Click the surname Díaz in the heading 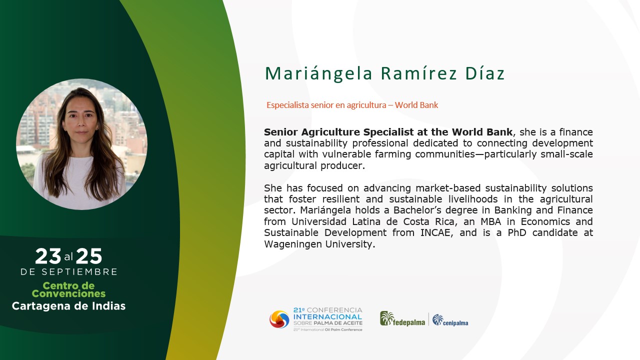[485, 73]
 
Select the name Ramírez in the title [419, 73]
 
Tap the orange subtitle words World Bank [416, 105]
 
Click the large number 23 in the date [48, 256]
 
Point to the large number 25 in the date [89, 256]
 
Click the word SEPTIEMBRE [79, 271]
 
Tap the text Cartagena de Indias [68, 306]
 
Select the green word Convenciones [68, 293]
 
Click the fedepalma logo [402, 319]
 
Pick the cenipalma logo [450, 320]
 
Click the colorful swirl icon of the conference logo [279, 319]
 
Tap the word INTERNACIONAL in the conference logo [327, 317]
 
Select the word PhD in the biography [516, 233]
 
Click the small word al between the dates [68, 257]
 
